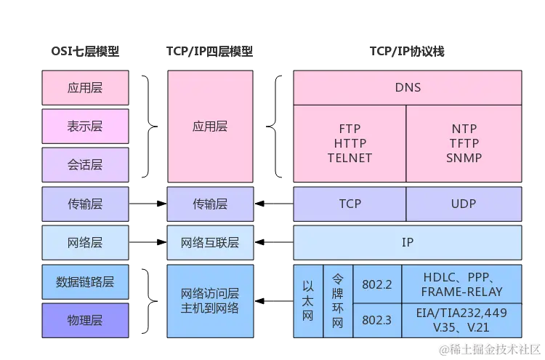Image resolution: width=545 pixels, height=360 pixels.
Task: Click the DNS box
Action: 408,88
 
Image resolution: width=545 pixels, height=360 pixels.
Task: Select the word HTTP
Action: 350,143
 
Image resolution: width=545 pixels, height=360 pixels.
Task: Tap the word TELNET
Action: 350,158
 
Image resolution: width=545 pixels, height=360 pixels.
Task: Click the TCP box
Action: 350,204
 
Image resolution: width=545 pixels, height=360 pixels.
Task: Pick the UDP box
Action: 463,204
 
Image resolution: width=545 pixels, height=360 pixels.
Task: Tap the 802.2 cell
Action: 376,284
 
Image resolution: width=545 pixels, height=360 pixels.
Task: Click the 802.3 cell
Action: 376,320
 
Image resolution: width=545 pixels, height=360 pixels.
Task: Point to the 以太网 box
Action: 307,302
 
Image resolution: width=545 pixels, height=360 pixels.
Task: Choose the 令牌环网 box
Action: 337,302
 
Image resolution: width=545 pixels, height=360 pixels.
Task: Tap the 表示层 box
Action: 85,126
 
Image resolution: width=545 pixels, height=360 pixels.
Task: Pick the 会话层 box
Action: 85,165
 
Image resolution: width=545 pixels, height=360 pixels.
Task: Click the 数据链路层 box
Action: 85,281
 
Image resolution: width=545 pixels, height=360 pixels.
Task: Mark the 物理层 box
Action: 85,321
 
